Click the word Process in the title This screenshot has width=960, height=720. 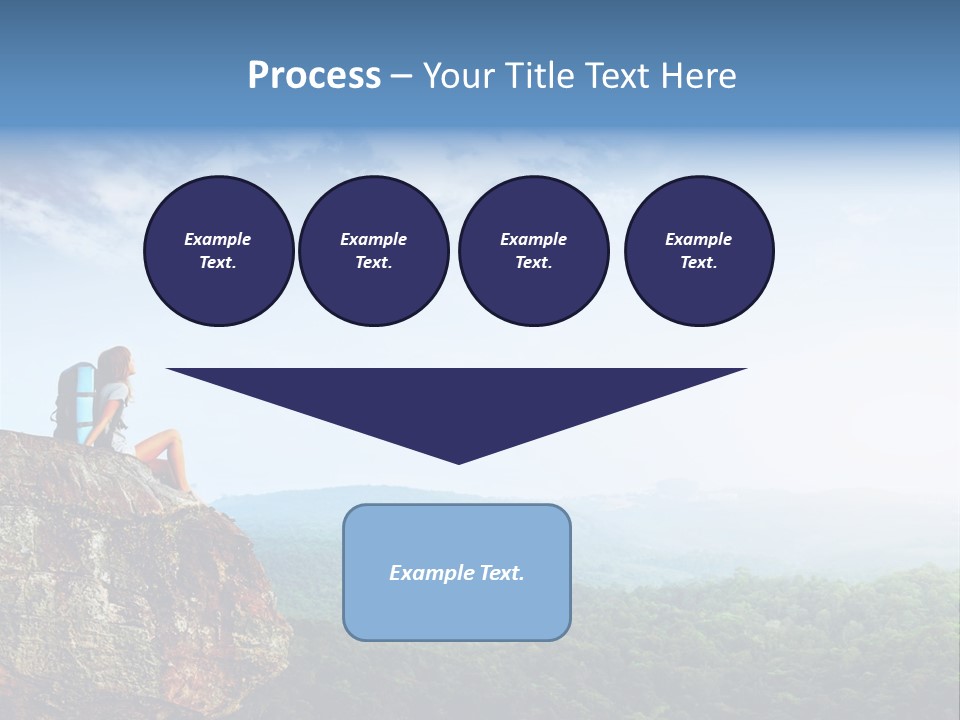314,76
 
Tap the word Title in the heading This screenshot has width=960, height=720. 537,76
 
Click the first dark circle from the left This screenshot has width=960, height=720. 218,251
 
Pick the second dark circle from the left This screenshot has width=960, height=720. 373,251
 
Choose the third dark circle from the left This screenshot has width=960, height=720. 533,251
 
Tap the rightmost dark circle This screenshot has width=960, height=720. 698,251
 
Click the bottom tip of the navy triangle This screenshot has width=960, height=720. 458,461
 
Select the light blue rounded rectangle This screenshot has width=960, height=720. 456,610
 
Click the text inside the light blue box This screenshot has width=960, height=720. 456,573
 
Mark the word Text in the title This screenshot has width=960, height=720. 619,76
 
